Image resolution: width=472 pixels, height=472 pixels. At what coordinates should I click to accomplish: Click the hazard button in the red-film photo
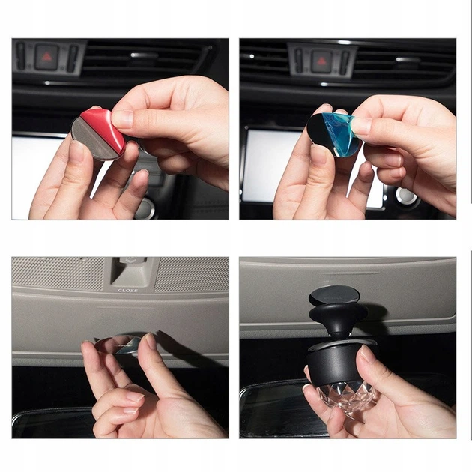pos(46,56)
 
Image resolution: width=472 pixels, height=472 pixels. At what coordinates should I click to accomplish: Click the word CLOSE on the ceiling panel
pos(127,290)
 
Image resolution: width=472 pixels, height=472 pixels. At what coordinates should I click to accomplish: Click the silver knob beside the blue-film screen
pos(407,196)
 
